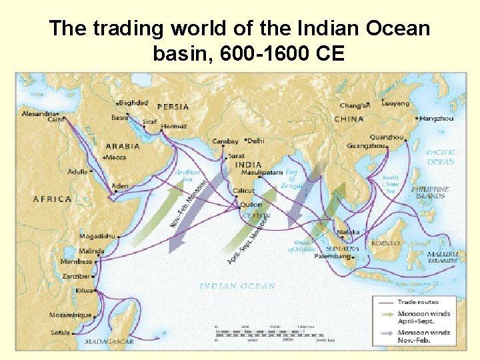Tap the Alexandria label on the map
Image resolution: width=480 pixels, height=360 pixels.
[x=39, y=114]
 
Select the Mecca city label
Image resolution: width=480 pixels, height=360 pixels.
[x=116, y=157]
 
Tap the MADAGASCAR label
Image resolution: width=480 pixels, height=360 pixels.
[x=109, y=341]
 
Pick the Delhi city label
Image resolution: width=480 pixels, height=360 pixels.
[x=255, y=141]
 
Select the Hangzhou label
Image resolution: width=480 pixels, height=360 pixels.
[x=437, y=119]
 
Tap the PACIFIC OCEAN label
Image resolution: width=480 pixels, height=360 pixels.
[x=441, y=157]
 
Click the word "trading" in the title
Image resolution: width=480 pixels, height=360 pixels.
[x=126, y=29]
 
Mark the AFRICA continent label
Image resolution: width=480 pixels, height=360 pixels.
[x=52, y=199]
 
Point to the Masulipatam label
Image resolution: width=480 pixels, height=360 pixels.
[x=263, y=172]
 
